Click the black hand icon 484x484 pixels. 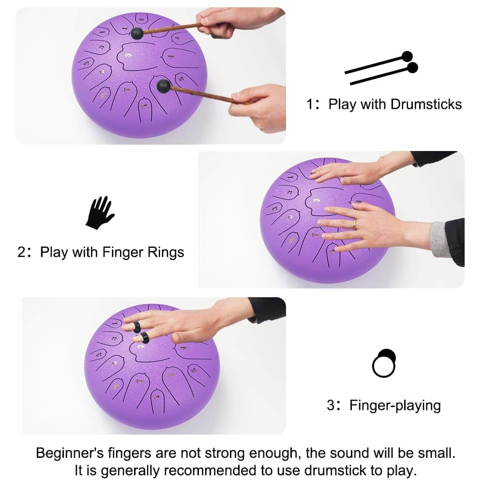[100, 213]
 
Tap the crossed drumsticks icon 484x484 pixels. [381, 68]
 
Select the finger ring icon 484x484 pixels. [384, 363]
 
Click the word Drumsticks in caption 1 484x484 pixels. [426, 105]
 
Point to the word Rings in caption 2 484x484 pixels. [166, 253]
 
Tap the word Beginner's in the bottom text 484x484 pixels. [70, 454]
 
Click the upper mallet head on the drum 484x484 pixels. [137, 33]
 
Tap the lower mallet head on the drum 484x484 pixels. [163, 86]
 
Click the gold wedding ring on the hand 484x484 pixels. [354, 225]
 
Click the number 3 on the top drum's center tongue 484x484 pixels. [129, 55]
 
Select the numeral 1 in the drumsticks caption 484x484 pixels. [310, 105]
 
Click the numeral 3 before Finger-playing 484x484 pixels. [331, 406]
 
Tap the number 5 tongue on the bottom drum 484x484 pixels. [194, 370]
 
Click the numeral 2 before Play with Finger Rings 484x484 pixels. [21, 253]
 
